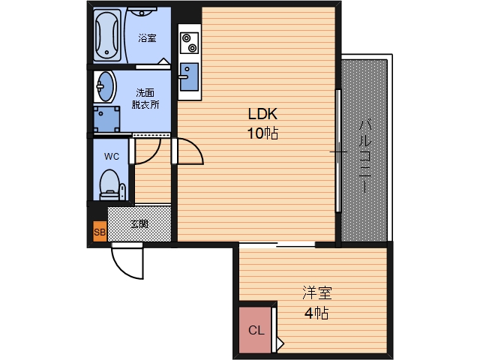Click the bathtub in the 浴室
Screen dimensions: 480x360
point(106,35)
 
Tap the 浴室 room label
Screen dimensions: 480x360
point(147,38)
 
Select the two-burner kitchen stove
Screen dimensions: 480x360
point(189,43)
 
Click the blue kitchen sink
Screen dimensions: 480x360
point(189,77)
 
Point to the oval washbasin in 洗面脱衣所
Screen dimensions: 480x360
point(105,87)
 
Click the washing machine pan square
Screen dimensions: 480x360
point(106,119)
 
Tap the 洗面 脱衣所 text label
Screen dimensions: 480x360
point(145,98)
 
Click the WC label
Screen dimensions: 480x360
point(112,157)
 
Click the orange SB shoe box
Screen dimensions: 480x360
point(100,232)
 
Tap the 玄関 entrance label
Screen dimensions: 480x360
point(139,223)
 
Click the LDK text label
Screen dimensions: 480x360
point(262,114)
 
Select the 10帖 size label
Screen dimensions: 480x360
point(262,133)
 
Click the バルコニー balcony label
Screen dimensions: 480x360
point(365,156)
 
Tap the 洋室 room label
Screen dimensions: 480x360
point(317,292)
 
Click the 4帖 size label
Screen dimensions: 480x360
point(316,313)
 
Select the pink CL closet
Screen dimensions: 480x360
point(255,330)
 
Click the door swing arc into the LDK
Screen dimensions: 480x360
point(196,146)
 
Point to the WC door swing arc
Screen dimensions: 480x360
point(154,156)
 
